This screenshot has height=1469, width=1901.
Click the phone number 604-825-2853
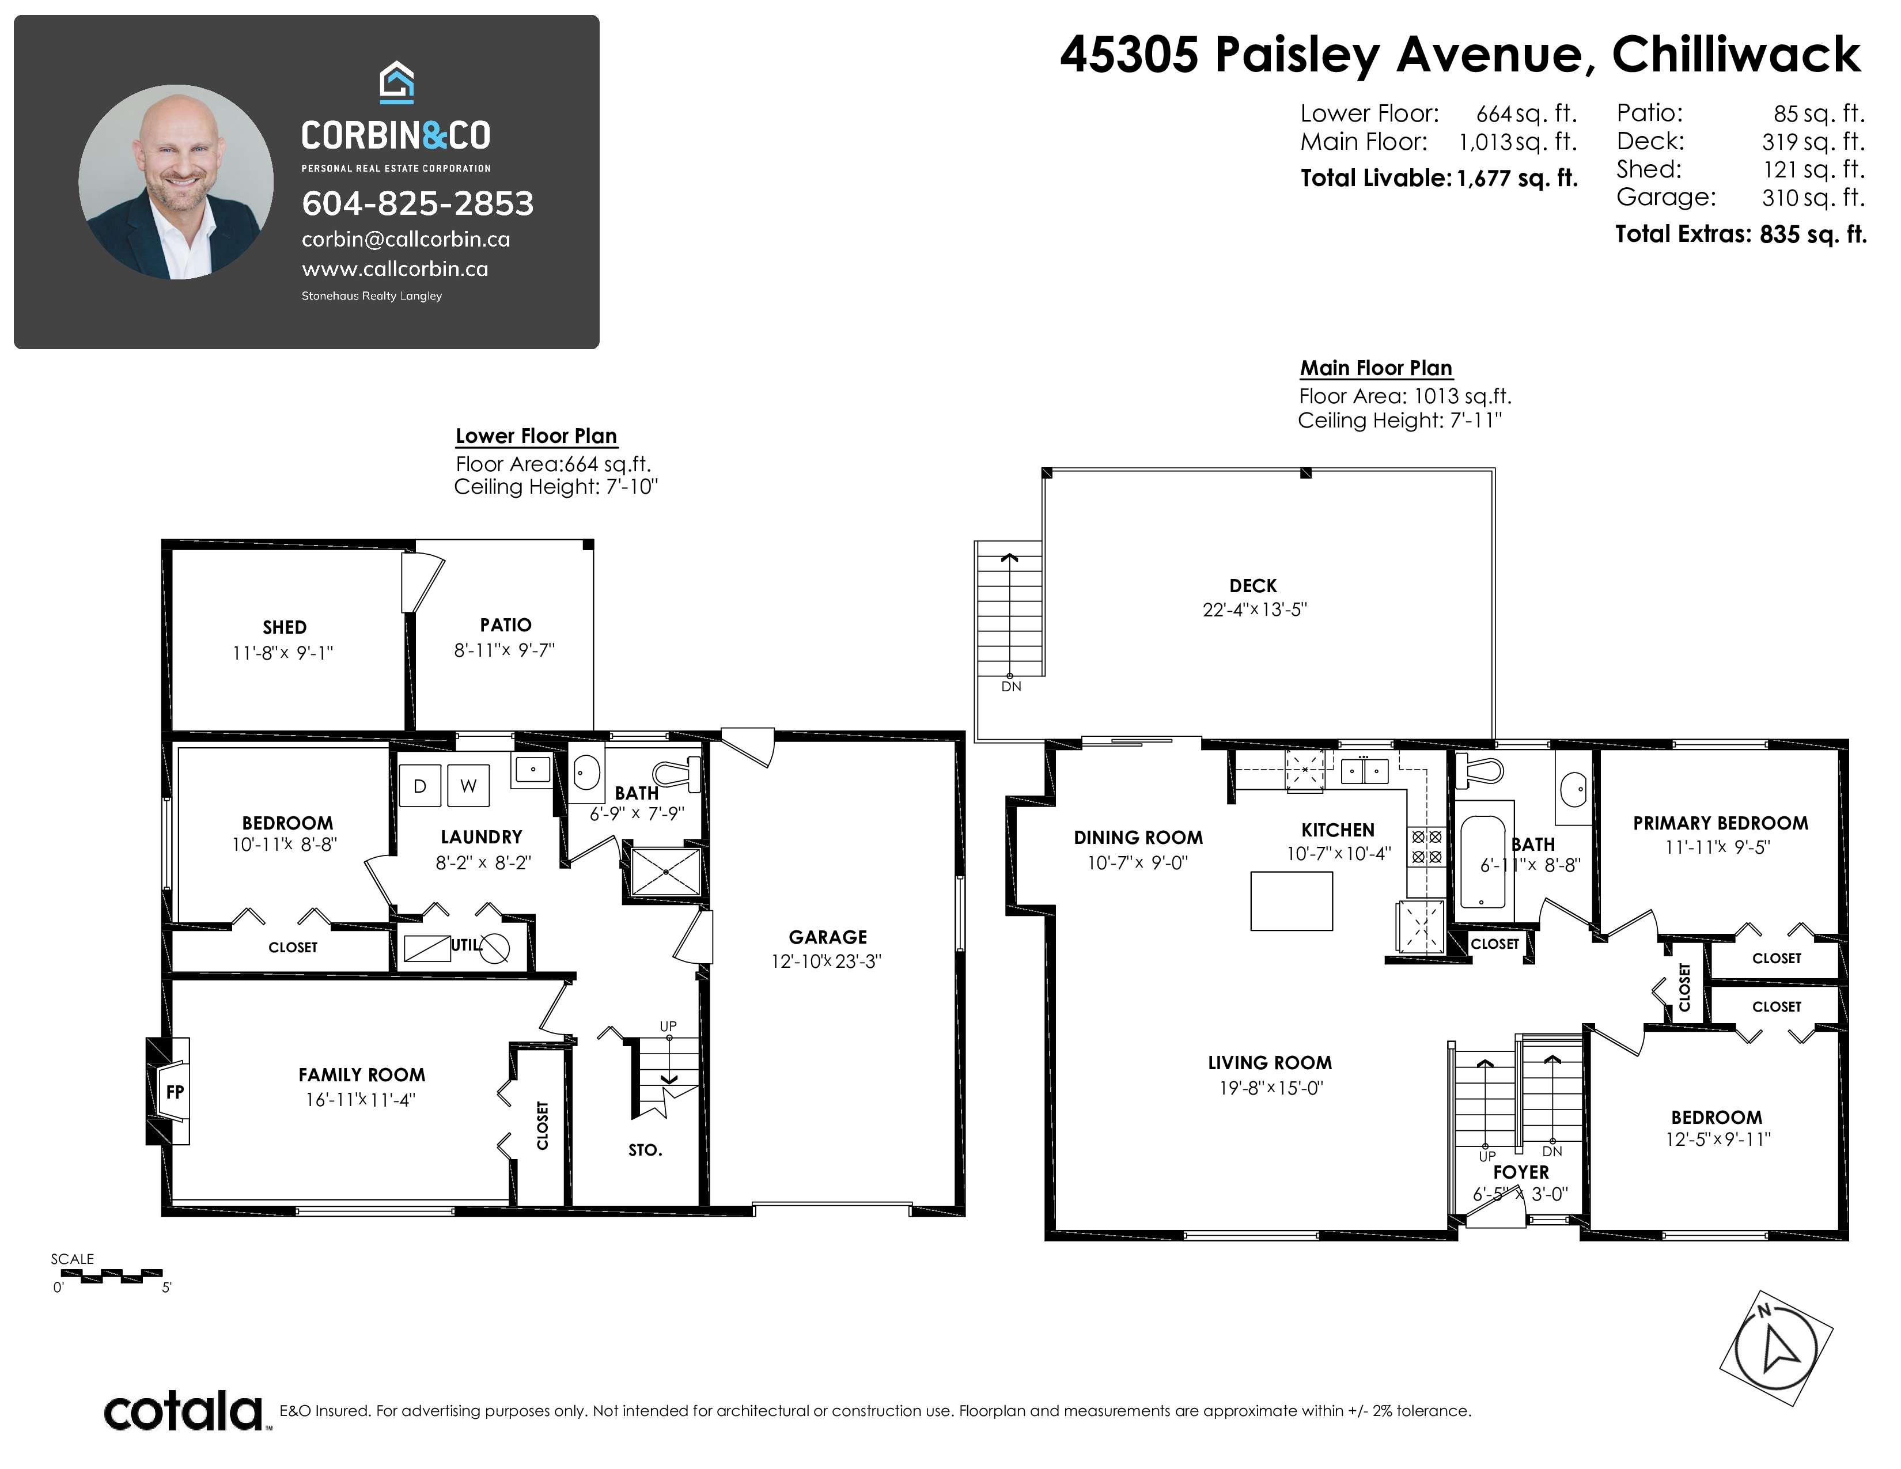pos(418,203)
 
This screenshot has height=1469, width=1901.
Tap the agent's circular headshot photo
pos(176,182)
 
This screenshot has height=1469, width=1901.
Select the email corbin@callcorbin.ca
pos(406,239)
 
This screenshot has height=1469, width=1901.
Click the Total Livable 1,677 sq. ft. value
pos(1517,179)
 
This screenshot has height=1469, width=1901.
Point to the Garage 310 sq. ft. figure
pos(1813,198)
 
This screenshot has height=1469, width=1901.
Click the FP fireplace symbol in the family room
pos(174,1091)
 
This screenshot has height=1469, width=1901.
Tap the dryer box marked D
pos(419,786)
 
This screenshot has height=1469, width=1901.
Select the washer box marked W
pos(468,786)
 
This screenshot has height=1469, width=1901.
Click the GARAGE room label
pos(828,937)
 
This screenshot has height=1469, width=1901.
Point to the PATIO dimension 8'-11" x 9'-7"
pos(505,650)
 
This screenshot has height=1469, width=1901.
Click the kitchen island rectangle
pos(1292,901)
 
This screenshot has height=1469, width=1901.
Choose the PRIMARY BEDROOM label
pos(1721,823)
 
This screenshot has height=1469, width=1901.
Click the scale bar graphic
pos(111,1277)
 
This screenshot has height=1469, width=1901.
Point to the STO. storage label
pos(645,1150)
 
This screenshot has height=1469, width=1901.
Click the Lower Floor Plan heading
pos(536,436)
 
